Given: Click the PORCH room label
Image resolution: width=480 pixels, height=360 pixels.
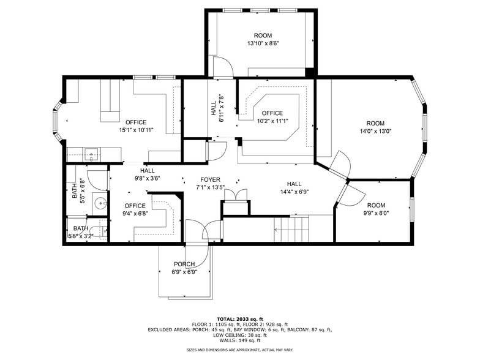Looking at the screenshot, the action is tap(184, 264).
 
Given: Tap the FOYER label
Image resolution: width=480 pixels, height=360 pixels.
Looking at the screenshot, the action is tap(211, 180).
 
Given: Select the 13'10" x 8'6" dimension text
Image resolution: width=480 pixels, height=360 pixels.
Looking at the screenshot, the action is tap(263, 43).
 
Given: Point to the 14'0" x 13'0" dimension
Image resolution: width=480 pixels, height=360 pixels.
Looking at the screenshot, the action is tap(376, 131).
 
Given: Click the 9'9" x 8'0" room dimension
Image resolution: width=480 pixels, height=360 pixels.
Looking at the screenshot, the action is tap(376, 213).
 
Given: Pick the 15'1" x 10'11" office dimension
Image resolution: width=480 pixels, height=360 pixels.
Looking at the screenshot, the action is tap(136, 130).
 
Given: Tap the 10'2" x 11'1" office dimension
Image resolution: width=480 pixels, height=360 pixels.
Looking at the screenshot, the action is tap(272, 121).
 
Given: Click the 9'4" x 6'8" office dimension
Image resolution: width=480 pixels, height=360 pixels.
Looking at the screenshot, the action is tap(135, 214).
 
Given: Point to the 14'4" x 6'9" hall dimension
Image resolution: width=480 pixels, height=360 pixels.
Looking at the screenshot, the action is tap(294, 192).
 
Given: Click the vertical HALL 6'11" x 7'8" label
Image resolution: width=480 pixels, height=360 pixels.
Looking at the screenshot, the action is tap(218, 108).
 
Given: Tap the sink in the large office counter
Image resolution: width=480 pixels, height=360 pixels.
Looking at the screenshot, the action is tap(92, 154).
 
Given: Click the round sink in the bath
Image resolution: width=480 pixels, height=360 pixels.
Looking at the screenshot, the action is tap(100, 203).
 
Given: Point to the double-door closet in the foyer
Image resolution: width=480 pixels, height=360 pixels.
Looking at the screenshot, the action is tap(236, 195).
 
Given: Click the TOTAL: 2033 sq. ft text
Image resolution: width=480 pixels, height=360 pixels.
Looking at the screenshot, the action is tap(240, 319).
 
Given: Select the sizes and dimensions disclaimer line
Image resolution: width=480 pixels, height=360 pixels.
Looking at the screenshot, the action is tap(240, 350).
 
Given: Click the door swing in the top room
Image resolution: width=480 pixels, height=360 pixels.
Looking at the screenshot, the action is tap(224, 66).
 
